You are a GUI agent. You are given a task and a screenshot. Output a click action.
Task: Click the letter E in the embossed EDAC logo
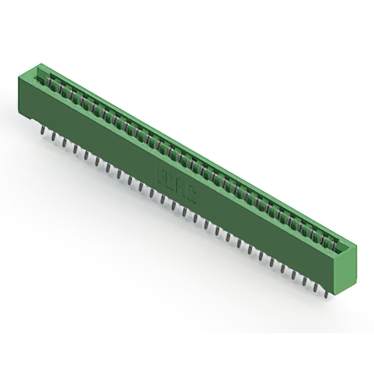[x=164, y=174]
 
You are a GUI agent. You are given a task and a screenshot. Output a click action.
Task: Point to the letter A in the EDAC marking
[x=182, y=183]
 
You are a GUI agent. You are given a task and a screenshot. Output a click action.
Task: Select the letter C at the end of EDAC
[x=191, y=189]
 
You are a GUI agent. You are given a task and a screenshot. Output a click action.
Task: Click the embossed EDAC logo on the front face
[x=177, y=181]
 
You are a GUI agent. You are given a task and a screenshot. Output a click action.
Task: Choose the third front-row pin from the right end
[x=304, y=280]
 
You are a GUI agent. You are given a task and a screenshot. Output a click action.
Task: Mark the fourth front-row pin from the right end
[x=293, y=275]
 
